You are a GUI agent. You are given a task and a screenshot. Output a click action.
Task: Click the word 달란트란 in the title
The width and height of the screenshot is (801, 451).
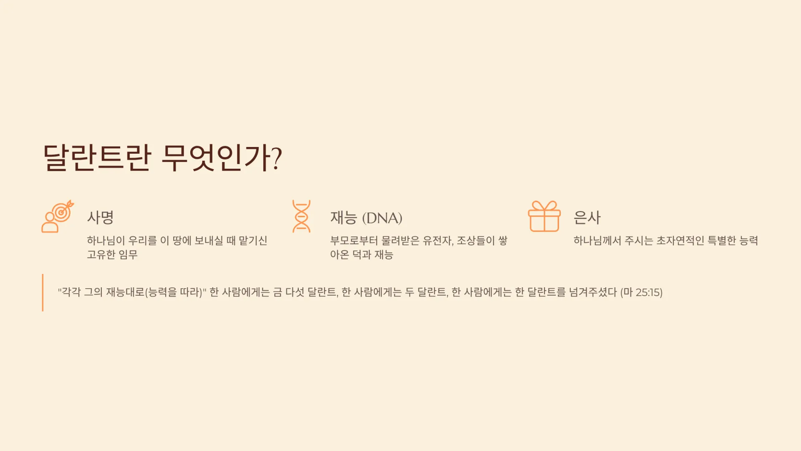pyautogui.click(x=97, y=158)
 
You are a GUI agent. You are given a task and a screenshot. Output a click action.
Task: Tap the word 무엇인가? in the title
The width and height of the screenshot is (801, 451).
pyautogui.click(x=222, y=158)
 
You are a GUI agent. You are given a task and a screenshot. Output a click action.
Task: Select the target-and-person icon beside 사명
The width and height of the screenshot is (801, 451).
pyautogui.click(x=58, y=216)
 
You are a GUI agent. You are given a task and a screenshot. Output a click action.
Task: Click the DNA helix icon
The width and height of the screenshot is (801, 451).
pyautogui.click(x=301, y=216)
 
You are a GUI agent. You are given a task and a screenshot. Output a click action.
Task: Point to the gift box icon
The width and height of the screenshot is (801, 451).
pyautogui.click(x=544, y=216)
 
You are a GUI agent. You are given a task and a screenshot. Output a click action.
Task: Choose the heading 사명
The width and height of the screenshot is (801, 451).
pyautogui.click(x=100, y=217)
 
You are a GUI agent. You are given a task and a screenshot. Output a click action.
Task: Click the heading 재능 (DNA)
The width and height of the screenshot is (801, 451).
pyautogui.click(x=366, y=218)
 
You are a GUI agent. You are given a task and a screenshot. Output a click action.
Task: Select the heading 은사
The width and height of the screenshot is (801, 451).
pyautogui.click(x=587, y=217)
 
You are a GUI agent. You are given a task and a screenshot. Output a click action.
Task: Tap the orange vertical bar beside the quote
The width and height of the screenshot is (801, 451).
pyautogui.click(x=43, y=292)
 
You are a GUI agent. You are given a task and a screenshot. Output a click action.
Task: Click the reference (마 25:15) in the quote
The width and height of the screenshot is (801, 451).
pyautogui.click(x=641, y=292)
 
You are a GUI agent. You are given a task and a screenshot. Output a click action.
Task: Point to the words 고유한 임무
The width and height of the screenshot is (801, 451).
pyautogui.click(x=112, y=254)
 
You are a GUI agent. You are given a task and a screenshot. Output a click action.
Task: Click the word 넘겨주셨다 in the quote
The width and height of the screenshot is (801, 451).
pyautogui.click(x=593, y=292)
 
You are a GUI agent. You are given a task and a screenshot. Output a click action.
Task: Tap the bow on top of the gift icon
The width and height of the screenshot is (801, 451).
pyautogui.click(x=544, y=206)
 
